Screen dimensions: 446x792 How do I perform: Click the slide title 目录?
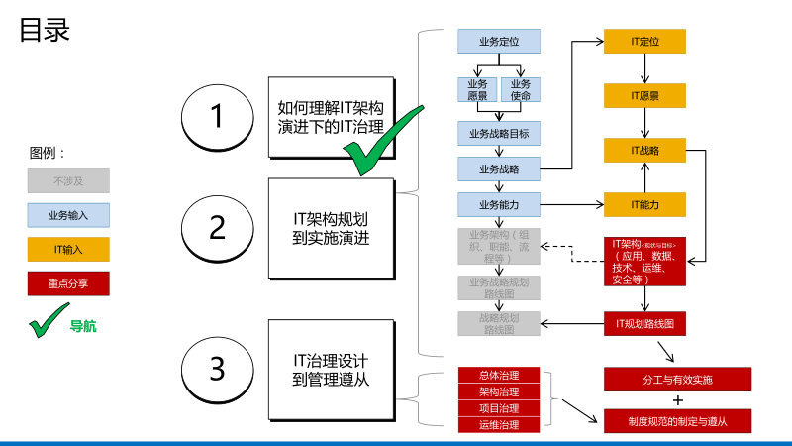[45, 30]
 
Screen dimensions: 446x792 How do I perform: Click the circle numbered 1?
[218, 116]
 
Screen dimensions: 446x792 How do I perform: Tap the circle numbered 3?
[218, 369]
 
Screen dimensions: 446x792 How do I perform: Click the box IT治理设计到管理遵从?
[332, 369]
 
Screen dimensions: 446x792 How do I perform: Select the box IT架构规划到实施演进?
[332, 228]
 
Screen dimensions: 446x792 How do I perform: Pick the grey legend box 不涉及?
[68, 180]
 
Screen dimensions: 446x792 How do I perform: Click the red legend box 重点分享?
[68, 283]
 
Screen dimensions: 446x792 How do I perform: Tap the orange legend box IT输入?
[68, 249]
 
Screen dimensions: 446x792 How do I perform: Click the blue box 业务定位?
[499, 42]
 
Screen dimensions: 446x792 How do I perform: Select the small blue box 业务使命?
[521, 89]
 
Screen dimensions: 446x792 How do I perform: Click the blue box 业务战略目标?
[499, 133]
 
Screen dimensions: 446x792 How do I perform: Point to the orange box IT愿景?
[645, 96]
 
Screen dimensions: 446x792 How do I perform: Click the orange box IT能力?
[645, 204]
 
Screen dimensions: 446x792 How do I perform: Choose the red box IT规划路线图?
[645, 323]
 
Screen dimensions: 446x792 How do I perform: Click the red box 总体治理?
[500, 376]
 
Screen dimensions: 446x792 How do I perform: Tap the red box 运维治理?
[500, 425]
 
